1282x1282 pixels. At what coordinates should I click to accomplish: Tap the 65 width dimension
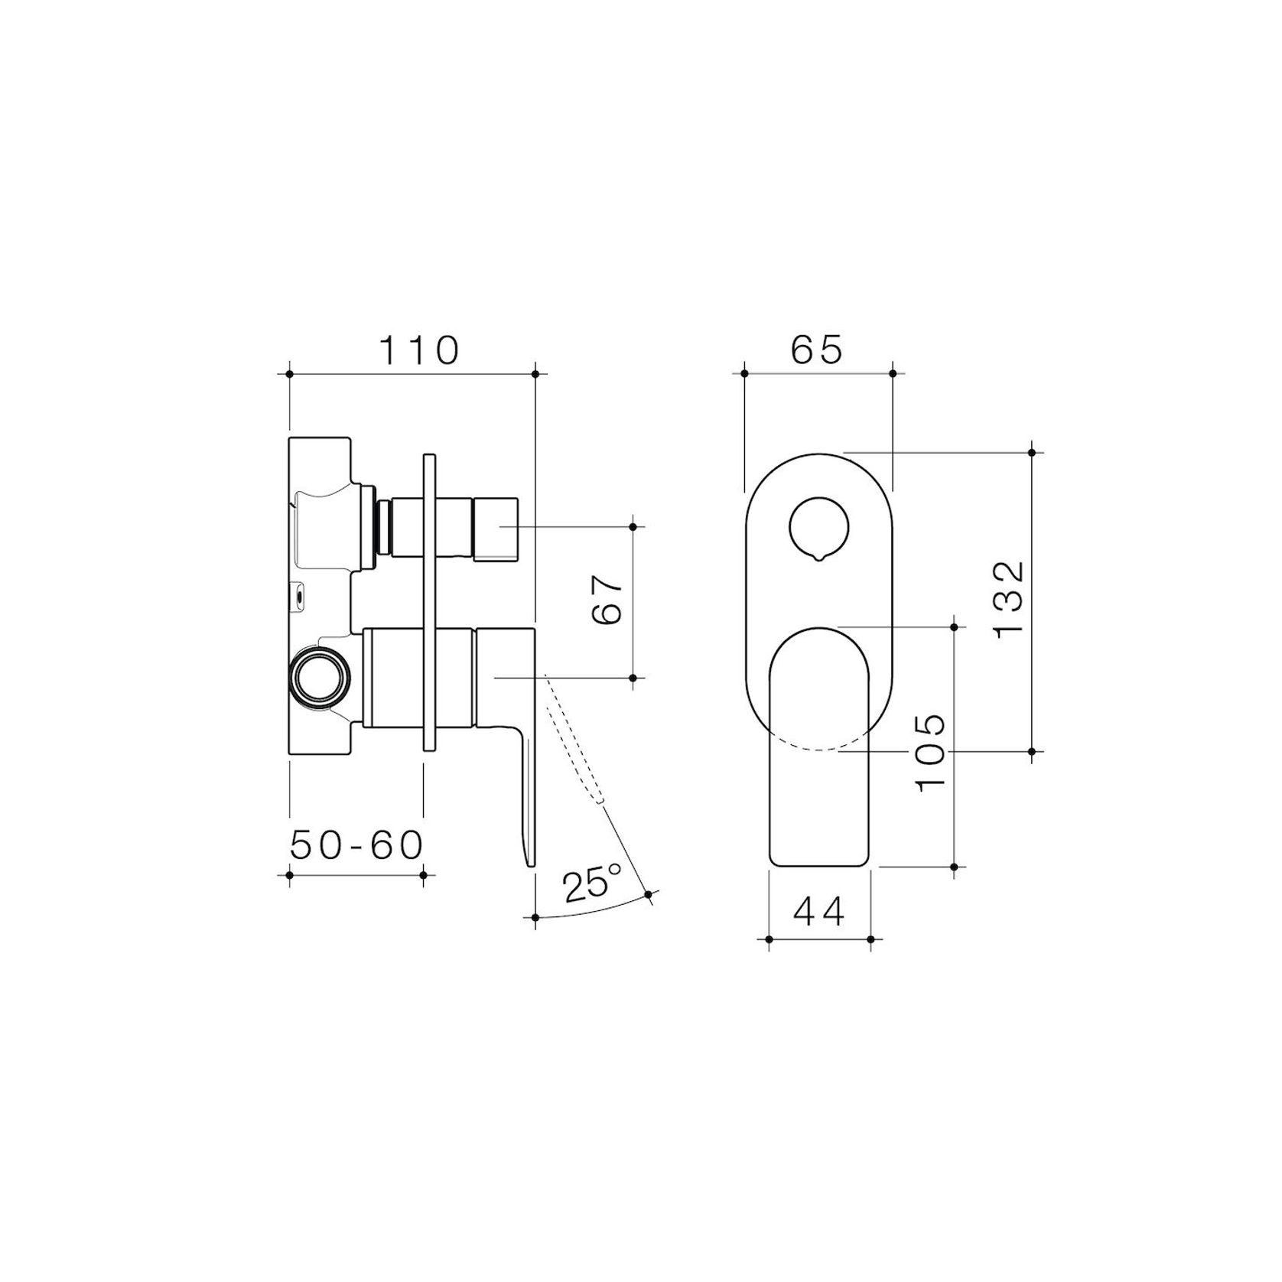coord(816,350)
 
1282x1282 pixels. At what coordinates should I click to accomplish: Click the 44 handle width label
coord(818,911)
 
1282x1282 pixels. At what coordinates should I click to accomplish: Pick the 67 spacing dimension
coord(609,600)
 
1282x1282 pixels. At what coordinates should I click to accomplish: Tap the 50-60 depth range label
coord(356,845)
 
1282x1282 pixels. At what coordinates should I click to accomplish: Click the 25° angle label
coord(592,883)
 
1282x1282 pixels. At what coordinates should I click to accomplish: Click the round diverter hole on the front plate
coord(818,529)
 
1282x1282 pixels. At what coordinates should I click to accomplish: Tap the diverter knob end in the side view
coord(496,529)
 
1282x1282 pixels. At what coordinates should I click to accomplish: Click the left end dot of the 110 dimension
coord(289,374)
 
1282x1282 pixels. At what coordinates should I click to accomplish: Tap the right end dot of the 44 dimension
coord(870,939)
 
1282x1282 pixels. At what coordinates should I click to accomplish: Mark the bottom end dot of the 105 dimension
coord(954,867)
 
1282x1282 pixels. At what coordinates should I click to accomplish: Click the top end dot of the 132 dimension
coord(1032,453)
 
